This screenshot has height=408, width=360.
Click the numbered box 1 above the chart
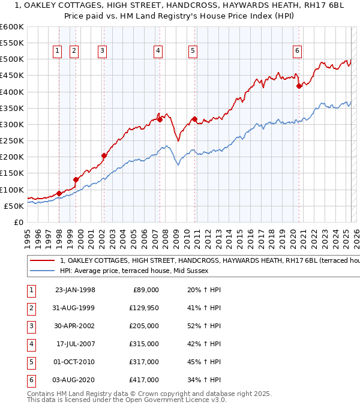[57, 52]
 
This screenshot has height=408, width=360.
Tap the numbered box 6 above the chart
[297, 52]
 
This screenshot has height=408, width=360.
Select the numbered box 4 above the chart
[157, 52]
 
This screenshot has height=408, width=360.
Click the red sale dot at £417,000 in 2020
[299, 86]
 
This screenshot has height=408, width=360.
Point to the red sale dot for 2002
[104, 155]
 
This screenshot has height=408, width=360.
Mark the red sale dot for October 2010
[194, 119]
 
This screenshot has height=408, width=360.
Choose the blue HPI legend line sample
[42, 271]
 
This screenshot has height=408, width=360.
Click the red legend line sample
[42, 261]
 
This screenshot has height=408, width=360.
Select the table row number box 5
[31, 362]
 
